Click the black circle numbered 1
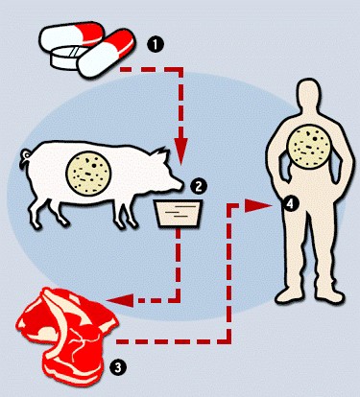156,45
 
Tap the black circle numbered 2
199,186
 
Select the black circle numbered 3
118,367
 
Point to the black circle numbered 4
290,204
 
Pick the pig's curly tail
24,158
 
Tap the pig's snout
179,185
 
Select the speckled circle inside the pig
88,173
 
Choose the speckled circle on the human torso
308,146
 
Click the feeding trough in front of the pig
178,214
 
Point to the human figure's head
308,96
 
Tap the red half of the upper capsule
92,32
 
